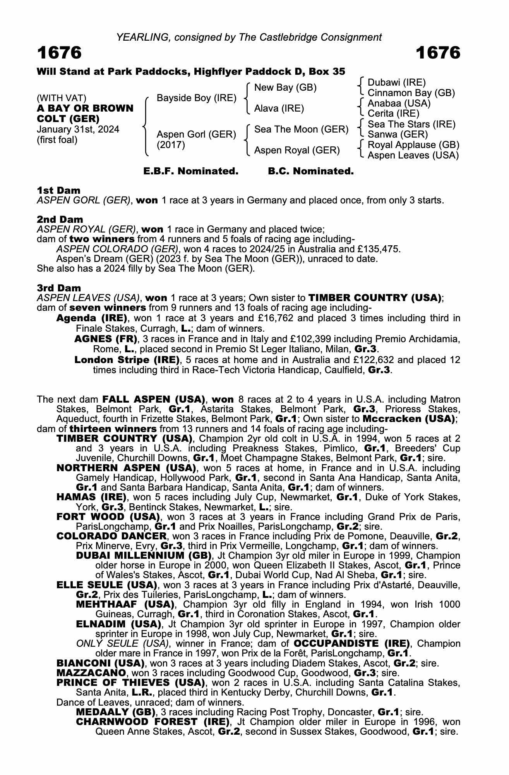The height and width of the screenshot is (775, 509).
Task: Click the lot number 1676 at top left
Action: coord(59,53)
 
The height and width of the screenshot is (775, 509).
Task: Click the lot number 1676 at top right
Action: coord(438,53)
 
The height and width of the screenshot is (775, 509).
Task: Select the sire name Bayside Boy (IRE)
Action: coord(196,98)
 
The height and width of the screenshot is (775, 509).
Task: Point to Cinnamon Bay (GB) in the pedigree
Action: coord(411,93)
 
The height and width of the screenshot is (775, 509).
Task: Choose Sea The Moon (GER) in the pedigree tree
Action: coord(301,129)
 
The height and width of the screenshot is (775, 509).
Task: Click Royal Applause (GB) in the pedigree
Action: coord(413,145)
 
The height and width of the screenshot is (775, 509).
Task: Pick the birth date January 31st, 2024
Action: coord(78,129)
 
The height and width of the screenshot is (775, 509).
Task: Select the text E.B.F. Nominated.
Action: coord(190,171)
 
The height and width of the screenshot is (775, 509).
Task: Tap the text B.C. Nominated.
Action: coord(311,171)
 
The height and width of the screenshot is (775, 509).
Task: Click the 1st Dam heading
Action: coord(58,190)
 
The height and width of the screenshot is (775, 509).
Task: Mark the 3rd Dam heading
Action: coord(59,288)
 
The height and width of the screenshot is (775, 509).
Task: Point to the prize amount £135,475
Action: coord(378,249)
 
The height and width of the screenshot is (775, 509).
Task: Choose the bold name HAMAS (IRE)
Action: coord(91,497)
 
